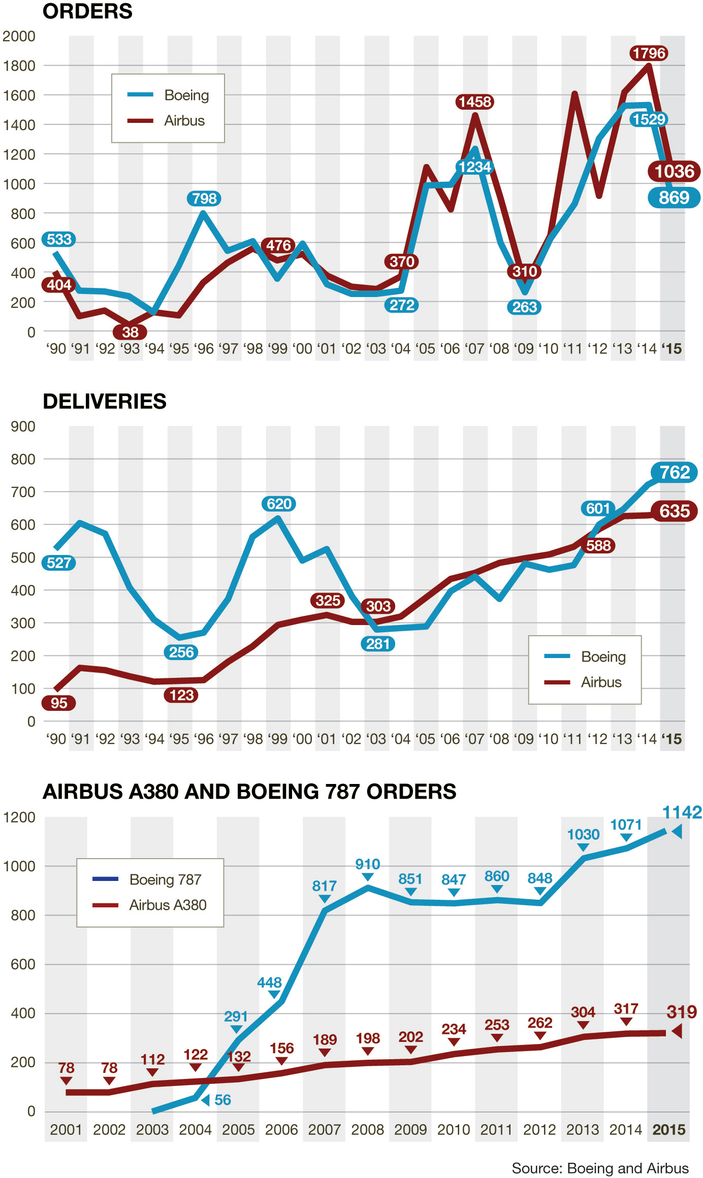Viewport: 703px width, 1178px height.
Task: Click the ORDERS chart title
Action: tap(87, 11)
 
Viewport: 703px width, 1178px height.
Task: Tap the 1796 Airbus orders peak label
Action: tap(649, 53)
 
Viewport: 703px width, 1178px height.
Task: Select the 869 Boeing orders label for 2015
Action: tap(674, 198)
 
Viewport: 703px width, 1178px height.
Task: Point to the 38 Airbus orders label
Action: tap(130, 332)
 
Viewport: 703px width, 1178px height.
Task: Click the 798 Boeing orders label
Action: tap(205, 199)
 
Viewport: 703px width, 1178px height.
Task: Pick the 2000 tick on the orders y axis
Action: tap(19, 37)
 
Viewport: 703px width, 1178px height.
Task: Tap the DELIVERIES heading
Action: tap(105, 401)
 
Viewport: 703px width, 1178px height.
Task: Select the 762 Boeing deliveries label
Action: tap(674, 473)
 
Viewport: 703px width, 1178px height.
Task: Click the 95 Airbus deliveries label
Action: tap(59, 703)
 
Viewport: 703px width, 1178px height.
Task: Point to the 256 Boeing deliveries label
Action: tap(181, 652)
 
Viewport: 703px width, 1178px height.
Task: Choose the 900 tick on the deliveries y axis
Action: tap(23, 427)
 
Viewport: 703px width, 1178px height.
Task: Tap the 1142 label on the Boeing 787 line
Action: tap(682, 812)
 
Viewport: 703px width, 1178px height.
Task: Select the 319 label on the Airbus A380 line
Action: tap(681, 1012)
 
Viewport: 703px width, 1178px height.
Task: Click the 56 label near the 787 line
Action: tap(222, 1100)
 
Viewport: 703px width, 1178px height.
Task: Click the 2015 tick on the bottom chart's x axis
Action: tap(669, 1130)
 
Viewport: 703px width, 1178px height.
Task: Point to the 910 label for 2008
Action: tap(367, 864)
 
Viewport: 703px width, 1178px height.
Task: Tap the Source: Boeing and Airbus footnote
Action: tap(600, 1168)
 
